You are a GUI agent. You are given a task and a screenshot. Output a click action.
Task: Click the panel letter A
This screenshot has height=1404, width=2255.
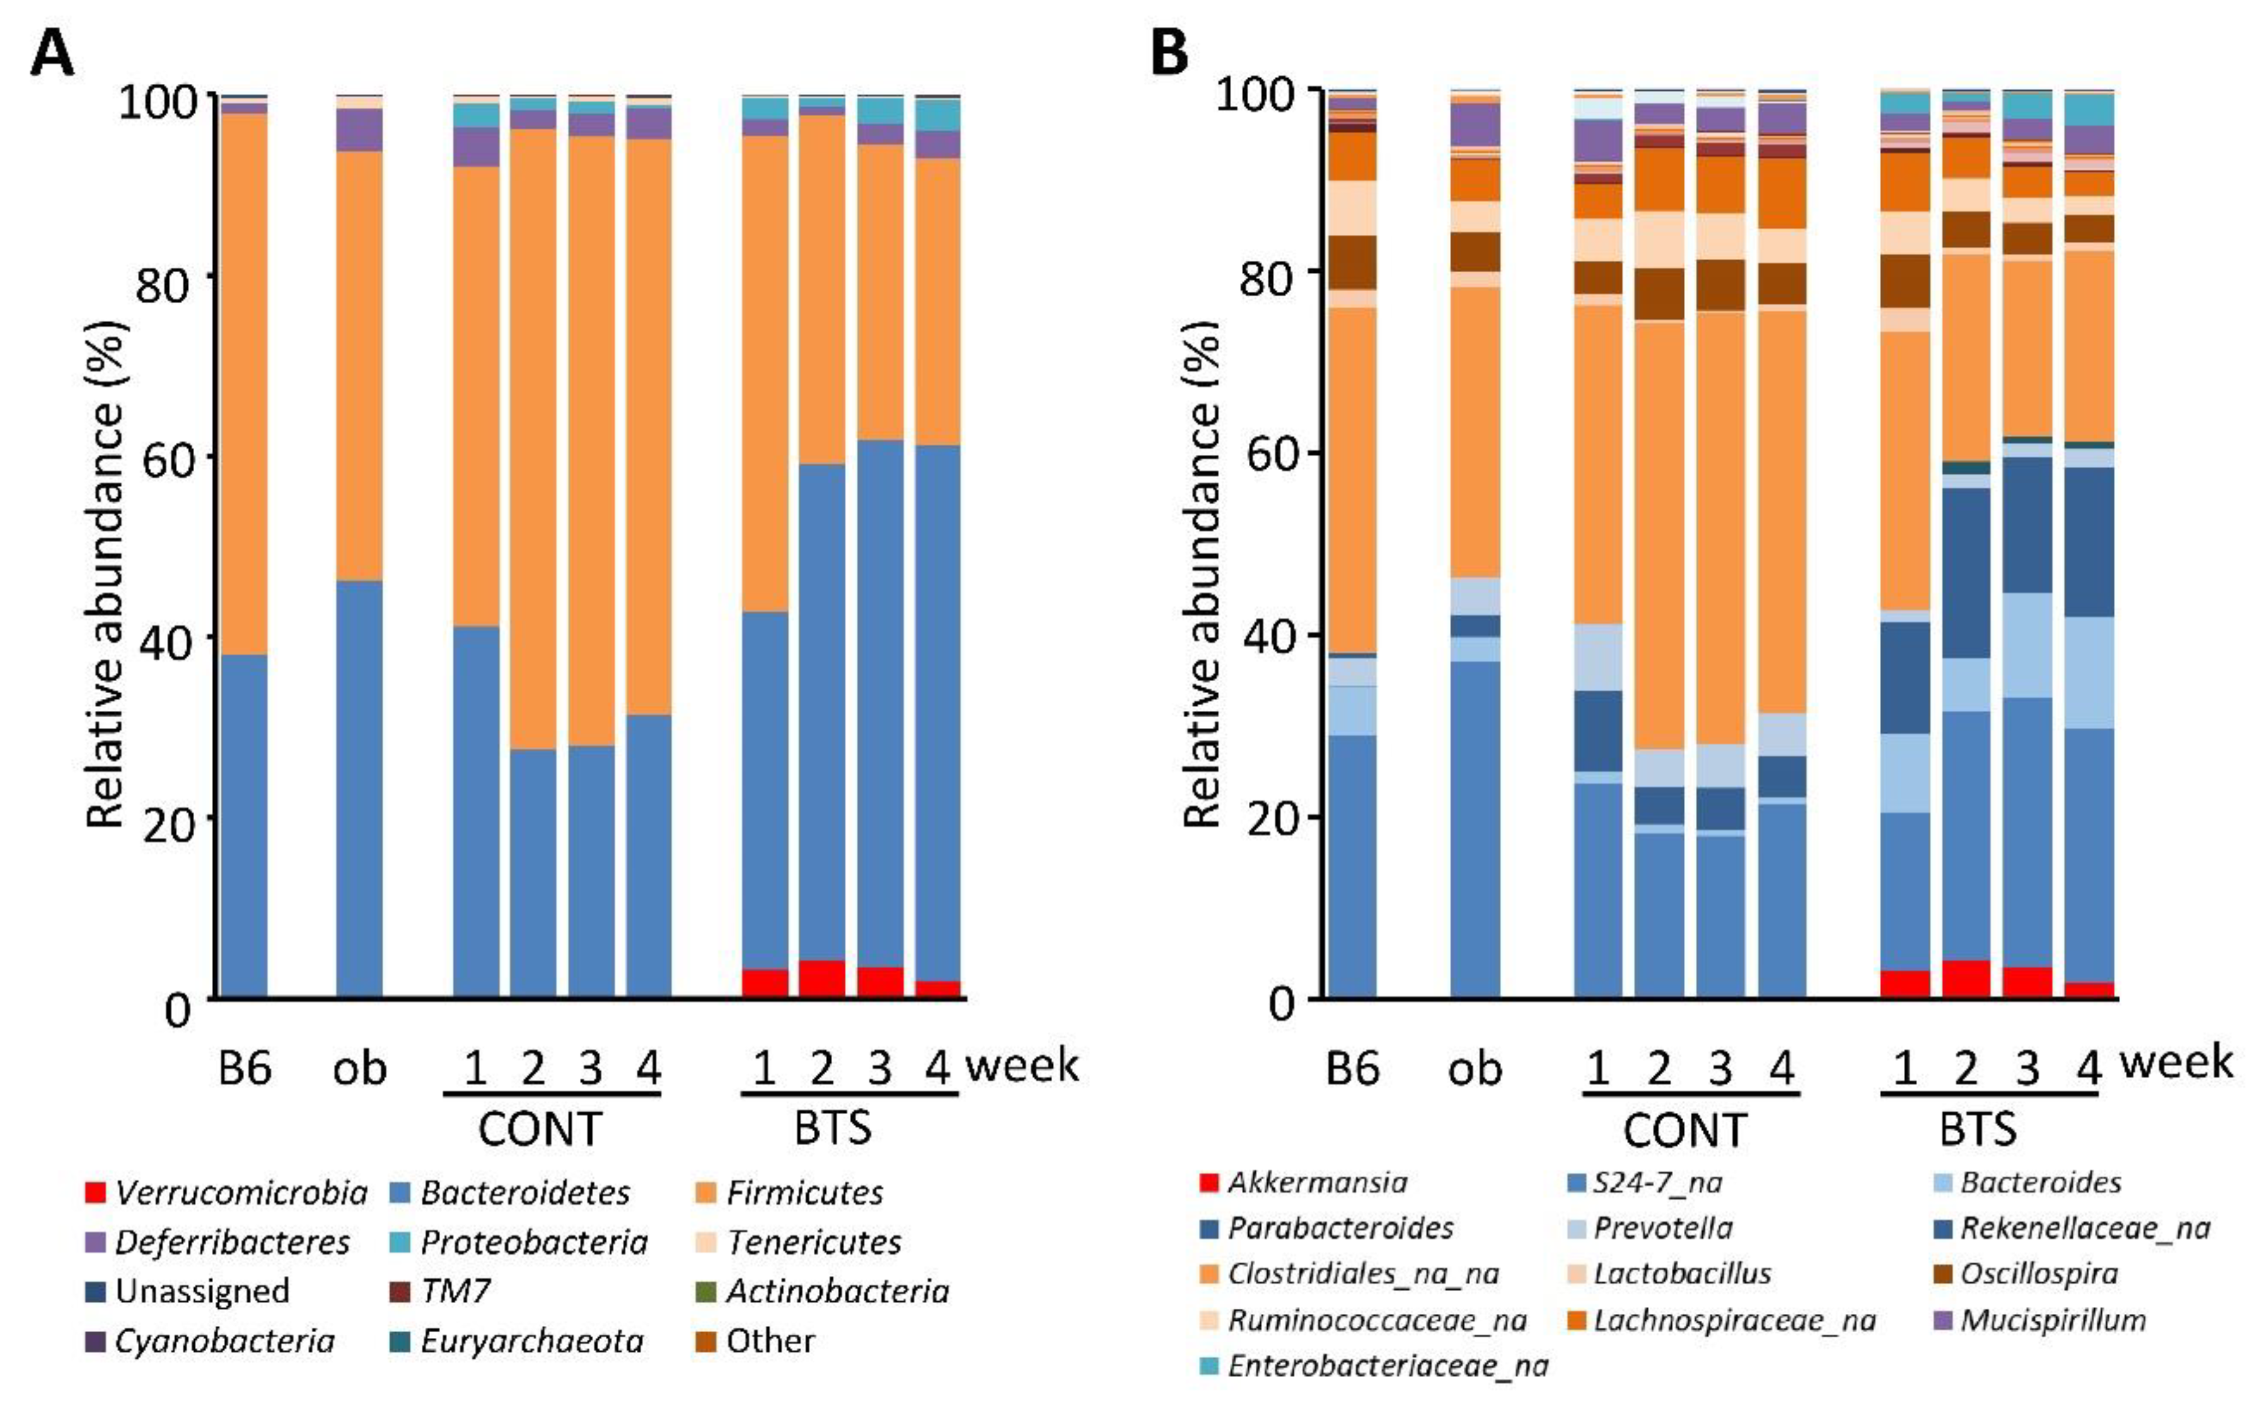point(52,54)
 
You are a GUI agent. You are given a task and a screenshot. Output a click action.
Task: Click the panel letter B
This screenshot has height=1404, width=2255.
point(1169,54)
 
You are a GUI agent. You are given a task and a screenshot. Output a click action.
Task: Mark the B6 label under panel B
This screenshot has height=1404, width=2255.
point(1352,1069)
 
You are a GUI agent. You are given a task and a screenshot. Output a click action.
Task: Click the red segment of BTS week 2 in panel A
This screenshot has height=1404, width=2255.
point(822,979)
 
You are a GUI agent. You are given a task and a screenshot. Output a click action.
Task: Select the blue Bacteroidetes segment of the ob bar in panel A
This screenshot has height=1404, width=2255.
point(359,790)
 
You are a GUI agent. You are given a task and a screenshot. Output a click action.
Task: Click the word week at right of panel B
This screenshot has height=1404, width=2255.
point(2176,1061)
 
